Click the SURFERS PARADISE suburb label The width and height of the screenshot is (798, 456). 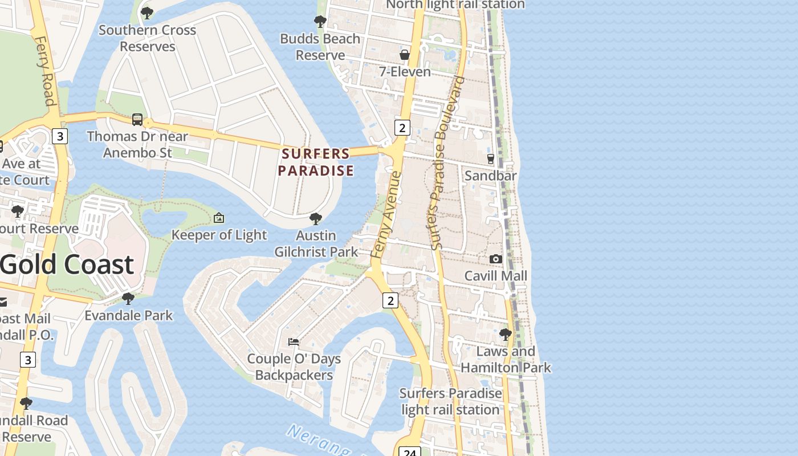click(316, 162)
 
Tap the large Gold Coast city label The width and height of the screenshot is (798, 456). click(67, 264)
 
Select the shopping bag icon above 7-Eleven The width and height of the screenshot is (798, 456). click(405, 55)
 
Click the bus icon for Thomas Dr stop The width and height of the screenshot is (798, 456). click(137, 119)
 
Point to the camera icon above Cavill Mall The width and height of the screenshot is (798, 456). click(496, 259)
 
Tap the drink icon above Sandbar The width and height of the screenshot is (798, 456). click(490, 158)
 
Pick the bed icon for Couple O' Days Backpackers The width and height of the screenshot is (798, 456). click(294, 342)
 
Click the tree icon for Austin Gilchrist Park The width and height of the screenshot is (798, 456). click(316, 219)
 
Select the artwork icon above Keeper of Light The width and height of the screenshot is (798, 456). click(219, 218)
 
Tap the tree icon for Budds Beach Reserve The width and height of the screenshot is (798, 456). click(320, 22)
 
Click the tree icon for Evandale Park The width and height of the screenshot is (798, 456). click(128, 298)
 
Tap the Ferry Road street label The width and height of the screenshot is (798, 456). click(44, 71)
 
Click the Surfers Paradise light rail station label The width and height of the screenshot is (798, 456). click(450, 401)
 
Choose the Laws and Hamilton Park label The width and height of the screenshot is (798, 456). click(506, 359)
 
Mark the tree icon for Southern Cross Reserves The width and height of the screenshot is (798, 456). click(147, 13)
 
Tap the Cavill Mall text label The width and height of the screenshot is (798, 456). click(495, 276)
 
